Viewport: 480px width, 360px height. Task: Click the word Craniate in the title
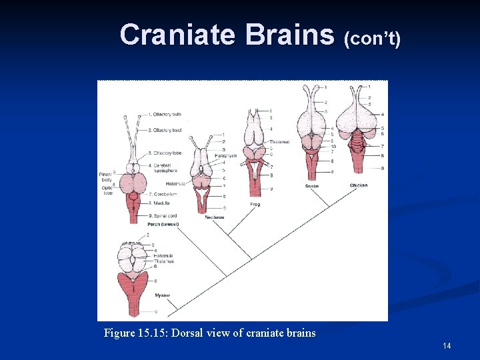pyautogui.click(x=178, y=35)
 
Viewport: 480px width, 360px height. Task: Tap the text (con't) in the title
pyautogui.click(x=372, y=39)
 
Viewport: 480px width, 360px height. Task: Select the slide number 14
pyautogui.click(x=447, y=345)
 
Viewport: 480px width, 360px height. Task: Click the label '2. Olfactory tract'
pyautogui.click(x=165, y=130)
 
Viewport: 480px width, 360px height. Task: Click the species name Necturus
pyautogui.click(x=215, y=217)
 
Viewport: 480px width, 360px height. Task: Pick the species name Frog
pyautogui.click(x=255, y=204)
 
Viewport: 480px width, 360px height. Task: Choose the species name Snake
pyautogui.click(x=312, y=185)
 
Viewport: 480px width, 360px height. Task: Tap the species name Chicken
pyautogui.click(x=359, y=185)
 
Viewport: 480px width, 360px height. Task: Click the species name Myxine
pyautogui.click(x=162, y=295)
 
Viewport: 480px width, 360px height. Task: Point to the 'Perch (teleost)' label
pyautogui.click(x=163, y=224)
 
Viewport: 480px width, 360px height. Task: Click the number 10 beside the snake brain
pyautogui.click(x=332, y=147)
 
